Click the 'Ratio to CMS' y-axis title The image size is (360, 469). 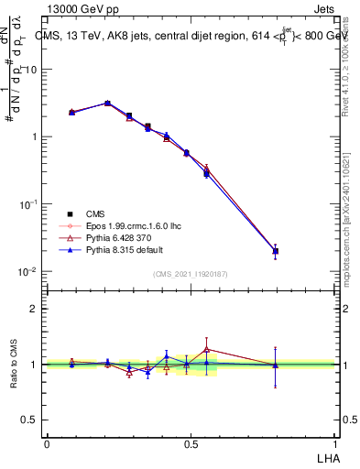click(14, 365)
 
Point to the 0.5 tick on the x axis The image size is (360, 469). click(191, 443)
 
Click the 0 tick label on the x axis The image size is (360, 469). click(47, 443)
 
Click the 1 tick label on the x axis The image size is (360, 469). click(334, 443)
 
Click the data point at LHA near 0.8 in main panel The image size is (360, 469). click(275, 251)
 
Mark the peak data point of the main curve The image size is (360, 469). click(107, 104)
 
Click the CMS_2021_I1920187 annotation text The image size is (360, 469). click(191, 274)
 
